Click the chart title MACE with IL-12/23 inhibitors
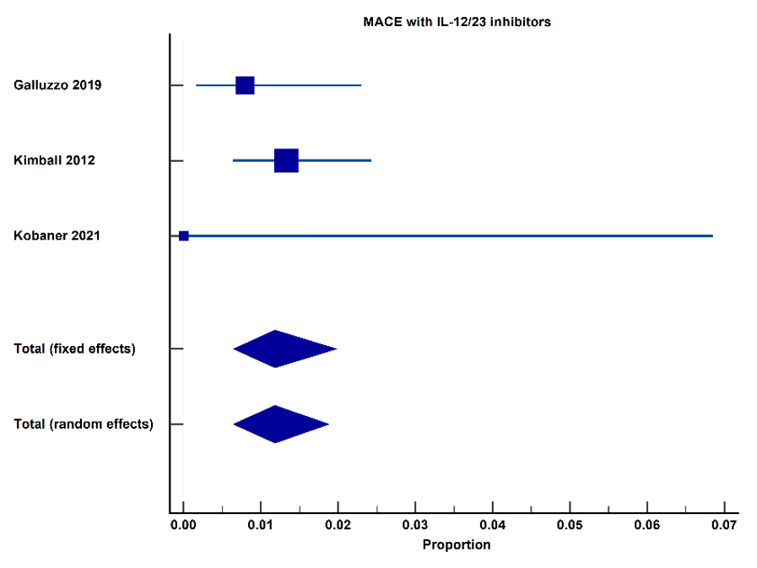tap(457, 22)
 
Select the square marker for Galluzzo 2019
tap(245, 85)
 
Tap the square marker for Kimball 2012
tap(286, 160)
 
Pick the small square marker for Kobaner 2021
tap(184, 235)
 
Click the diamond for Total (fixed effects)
tap(285, 349)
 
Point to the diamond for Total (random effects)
tap(281, 424)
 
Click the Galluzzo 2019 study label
tap(57, 85)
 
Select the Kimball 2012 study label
tap(54, 160)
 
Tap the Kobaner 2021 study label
tap(57, 235)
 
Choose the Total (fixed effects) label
tap(74, 349)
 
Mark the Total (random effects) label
tap(84, 424)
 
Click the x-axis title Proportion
tap(457, 545)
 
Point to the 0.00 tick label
tap(183, 525)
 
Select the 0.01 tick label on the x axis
tap(261, 525)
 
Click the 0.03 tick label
tap(415, 525)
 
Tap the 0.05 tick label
tap(570, 525)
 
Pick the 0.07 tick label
tap(724, 525)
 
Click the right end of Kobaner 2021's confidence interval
tap(712, 235)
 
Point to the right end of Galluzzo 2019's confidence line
tap(361, 85)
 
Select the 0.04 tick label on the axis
tap(493, 525)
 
